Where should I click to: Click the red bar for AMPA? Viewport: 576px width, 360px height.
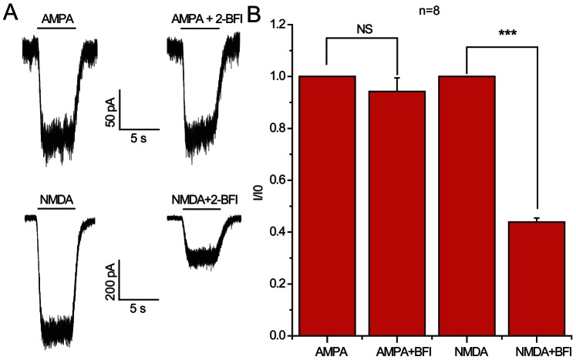pos(326,206)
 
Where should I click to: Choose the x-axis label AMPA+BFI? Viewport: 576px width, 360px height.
pos(396,351)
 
